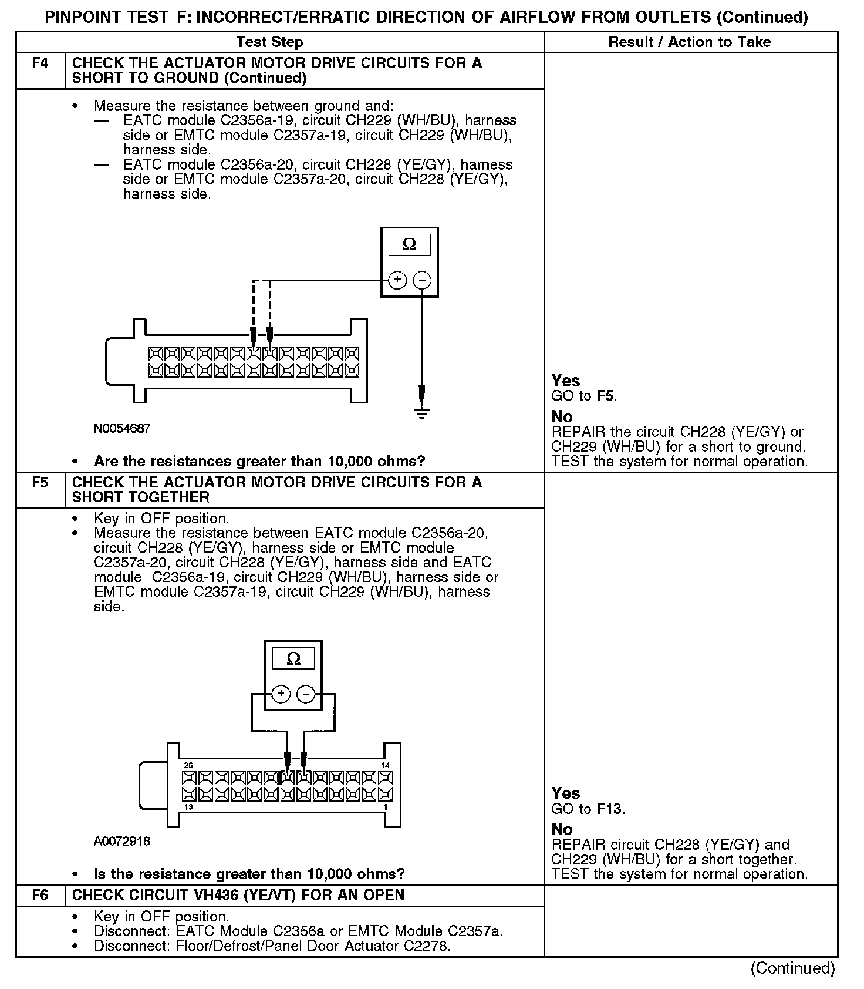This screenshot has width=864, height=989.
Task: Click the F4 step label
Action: coord(40,63)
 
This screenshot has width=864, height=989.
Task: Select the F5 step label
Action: coord(40,482)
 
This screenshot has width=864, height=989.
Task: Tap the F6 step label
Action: coord(40,895)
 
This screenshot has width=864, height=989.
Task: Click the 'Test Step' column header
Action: coord(269,42)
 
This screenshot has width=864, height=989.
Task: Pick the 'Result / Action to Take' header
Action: coord(690,42)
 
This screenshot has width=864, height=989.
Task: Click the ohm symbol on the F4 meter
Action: coord(409,244)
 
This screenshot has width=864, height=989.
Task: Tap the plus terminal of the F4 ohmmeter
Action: coord(397,280)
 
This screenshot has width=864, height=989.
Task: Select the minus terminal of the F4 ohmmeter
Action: coord(422,280)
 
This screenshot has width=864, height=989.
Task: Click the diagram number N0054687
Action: coord(122,429)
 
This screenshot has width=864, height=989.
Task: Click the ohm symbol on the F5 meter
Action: coord(293,659)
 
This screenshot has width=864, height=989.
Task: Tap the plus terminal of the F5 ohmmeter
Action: coord(281,694)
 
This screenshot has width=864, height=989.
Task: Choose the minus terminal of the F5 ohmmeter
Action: coord(306,694)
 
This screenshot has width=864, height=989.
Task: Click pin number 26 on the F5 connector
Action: coord(188,765)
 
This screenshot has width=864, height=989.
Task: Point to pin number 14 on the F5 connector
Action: coord(386,765)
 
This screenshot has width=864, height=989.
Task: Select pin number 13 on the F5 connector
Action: coord(188,807)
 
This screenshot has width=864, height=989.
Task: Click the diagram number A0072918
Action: coord(122,842)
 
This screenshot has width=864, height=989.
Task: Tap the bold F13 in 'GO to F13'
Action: coord(609,809)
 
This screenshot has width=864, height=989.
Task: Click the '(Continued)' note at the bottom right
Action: coord(792,969)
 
